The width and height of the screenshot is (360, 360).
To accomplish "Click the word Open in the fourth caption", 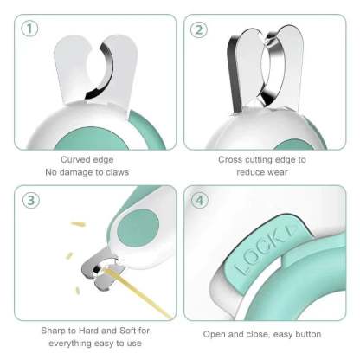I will tap(217, 333).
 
